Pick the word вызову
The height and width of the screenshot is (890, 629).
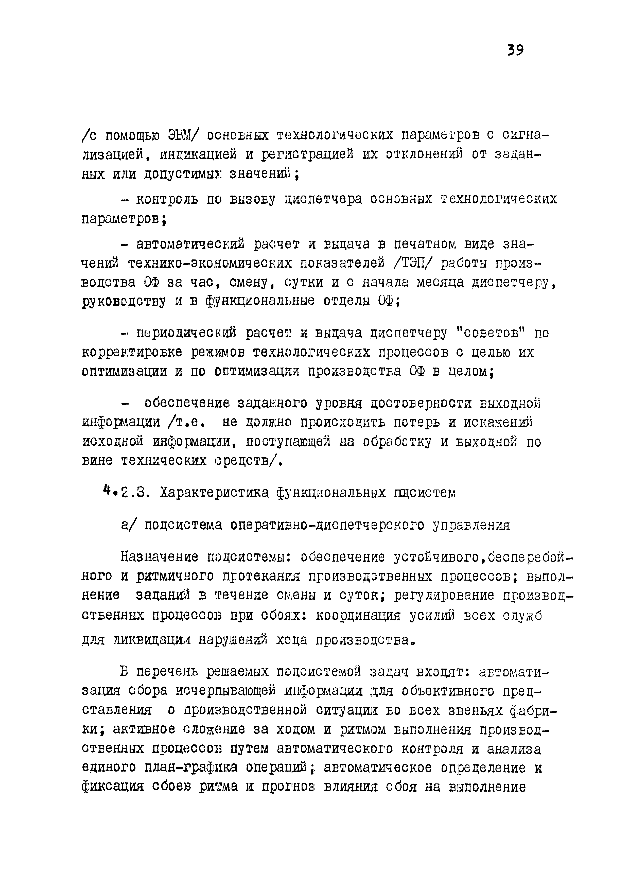pyautogui.click(x=252, y=199)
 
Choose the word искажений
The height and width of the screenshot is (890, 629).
pyautogui.click(x=498, y=422)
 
